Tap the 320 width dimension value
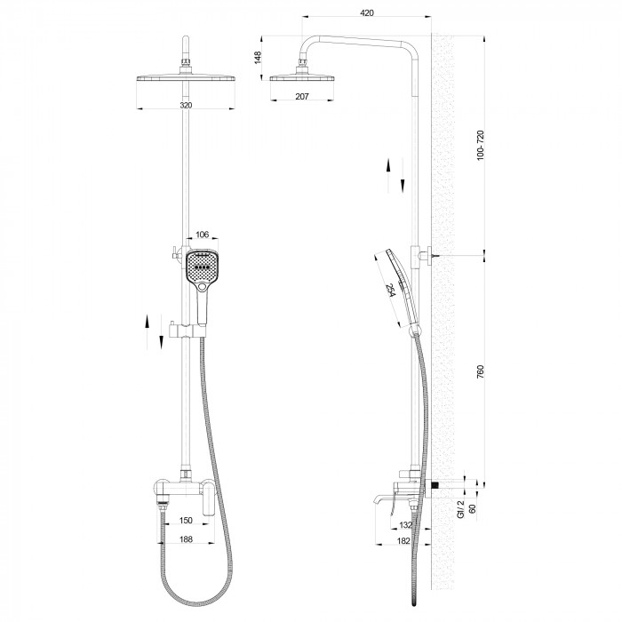point(186,105)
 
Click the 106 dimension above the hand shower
point(202,235)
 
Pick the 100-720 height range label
point(481,146)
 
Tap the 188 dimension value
point(187,538)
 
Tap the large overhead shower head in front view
point(186,79)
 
